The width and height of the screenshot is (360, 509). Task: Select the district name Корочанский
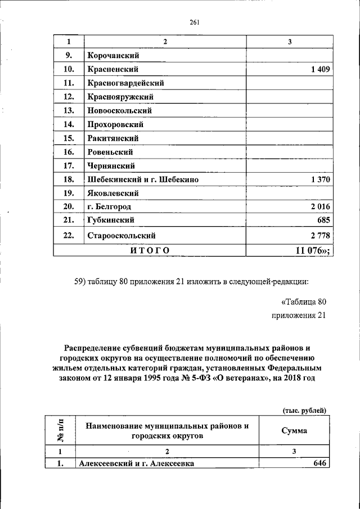[113, 56]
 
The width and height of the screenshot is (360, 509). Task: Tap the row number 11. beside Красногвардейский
[69, 83]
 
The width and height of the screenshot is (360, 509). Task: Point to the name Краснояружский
[120, 97]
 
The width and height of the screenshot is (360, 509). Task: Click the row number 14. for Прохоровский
[69, 124]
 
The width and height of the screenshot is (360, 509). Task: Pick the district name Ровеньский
[110, 152]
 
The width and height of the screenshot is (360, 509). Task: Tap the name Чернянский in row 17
[111, 166]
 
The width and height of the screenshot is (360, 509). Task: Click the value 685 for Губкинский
[321, 220]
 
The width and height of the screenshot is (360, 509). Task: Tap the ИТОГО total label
[150, 250]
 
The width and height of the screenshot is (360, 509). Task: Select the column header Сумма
[294, 431]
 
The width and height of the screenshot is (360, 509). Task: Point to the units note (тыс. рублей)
[304, 410]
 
